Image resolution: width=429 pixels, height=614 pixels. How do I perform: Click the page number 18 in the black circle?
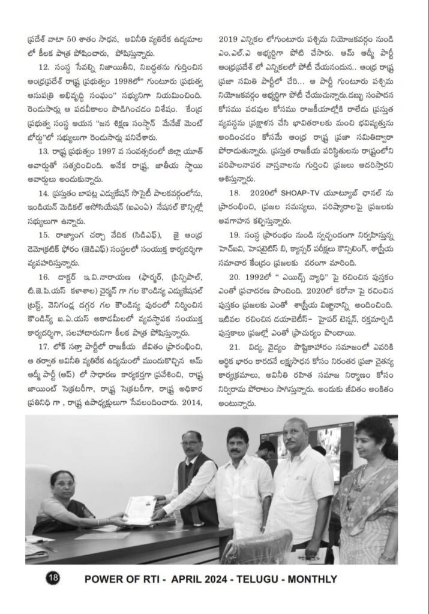click(53, 579)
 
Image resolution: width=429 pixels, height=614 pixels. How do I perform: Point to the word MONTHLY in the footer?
click(314, 579)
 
